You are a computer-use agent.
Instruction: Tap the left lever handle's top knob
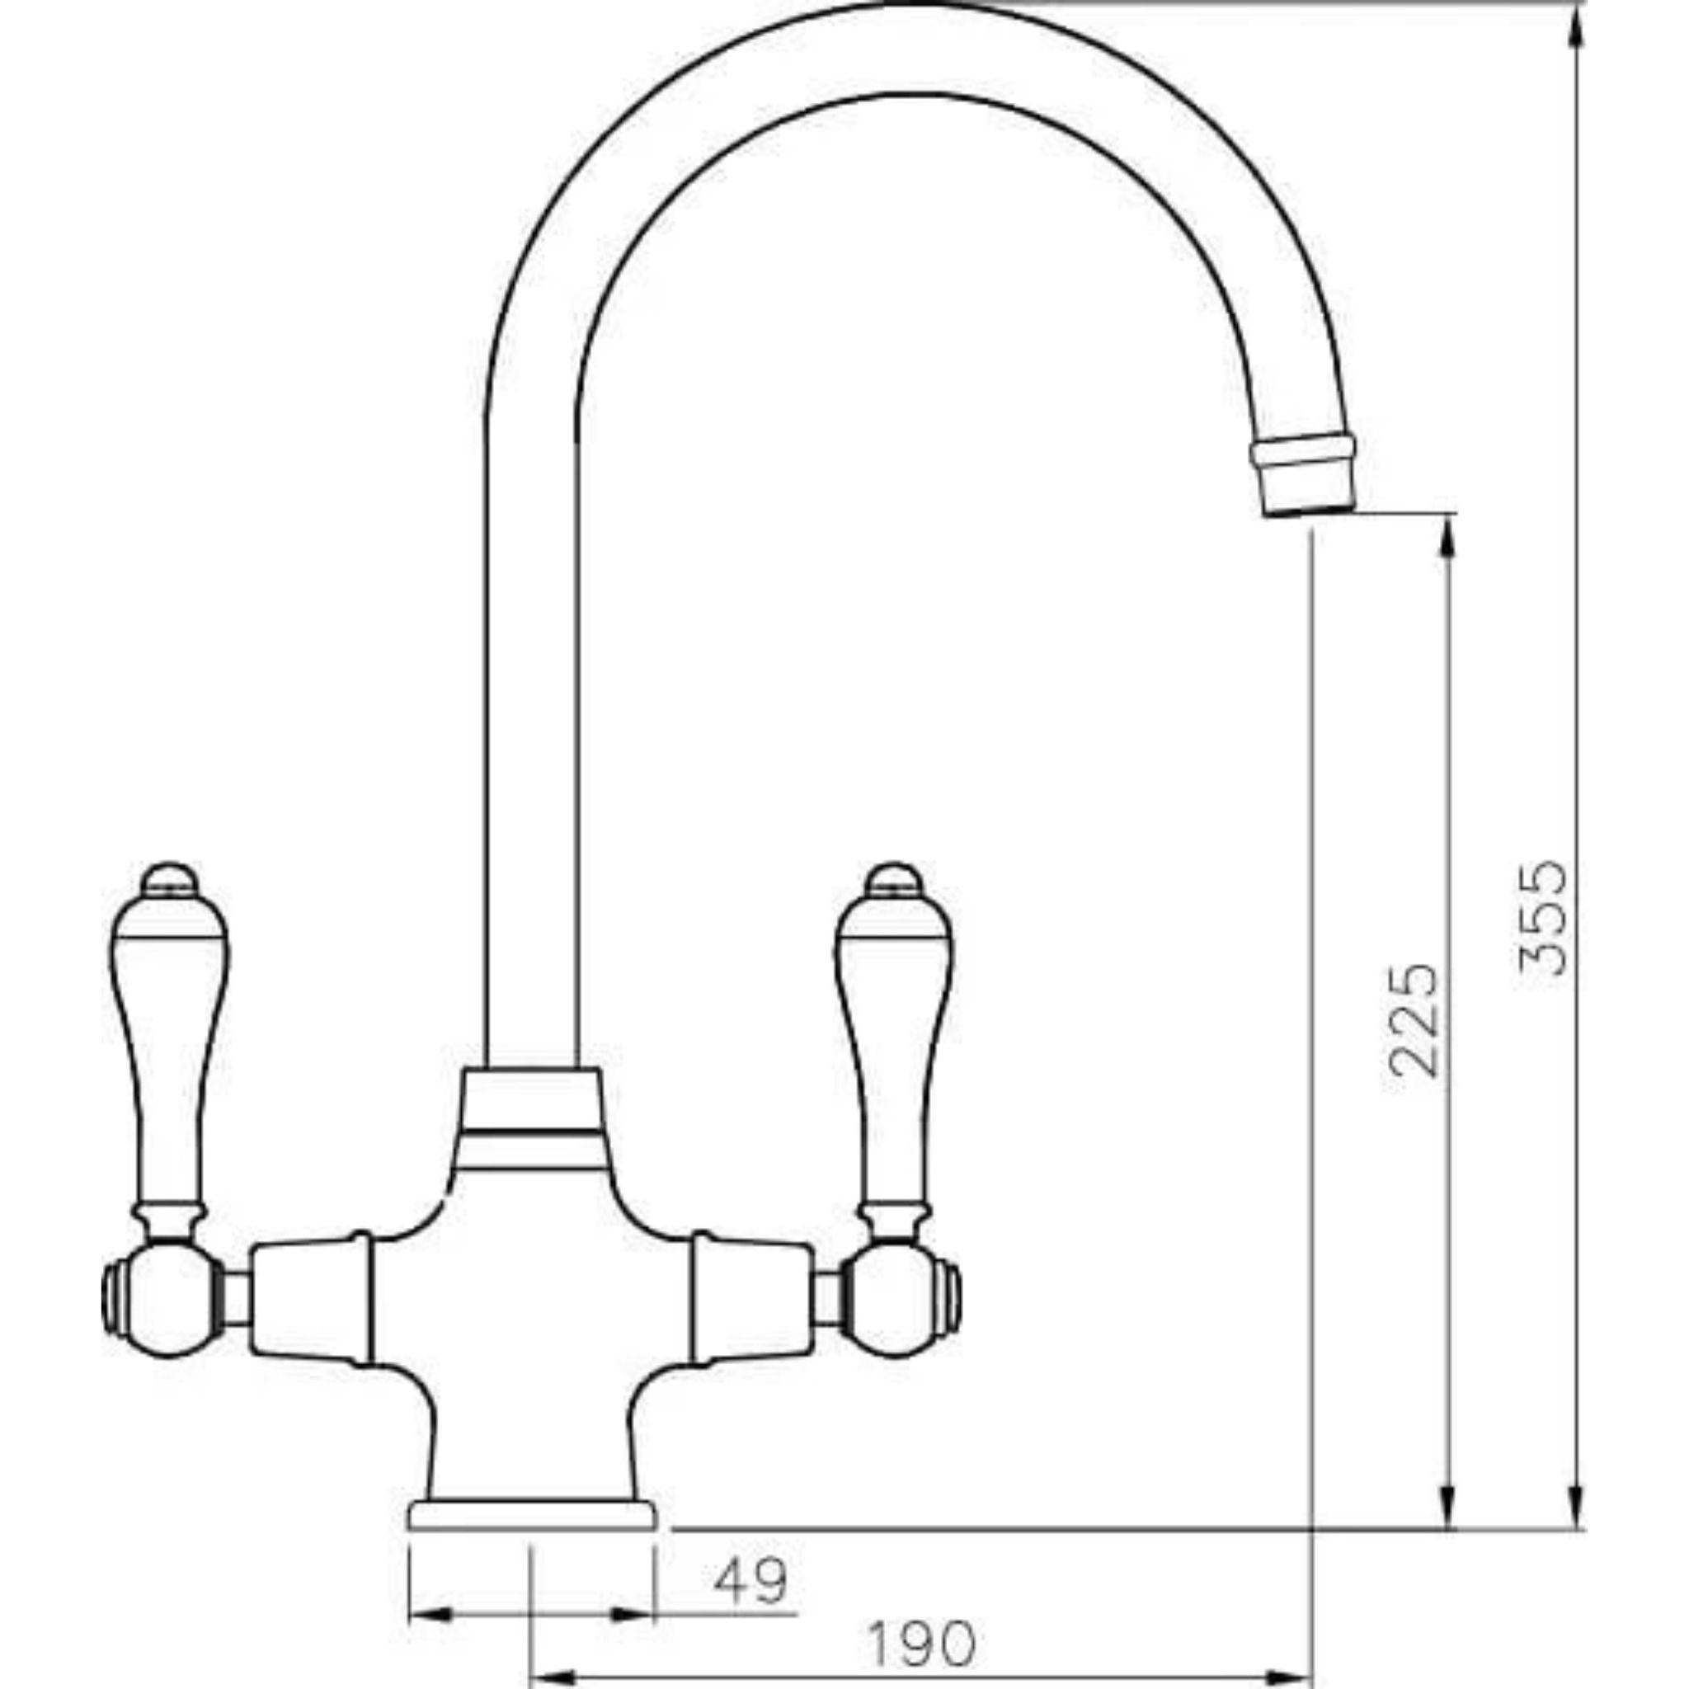point(170,878)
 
